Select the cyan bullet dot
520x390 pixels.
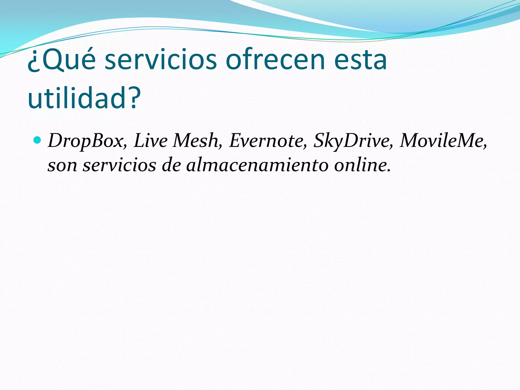(x=37, y=139)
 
